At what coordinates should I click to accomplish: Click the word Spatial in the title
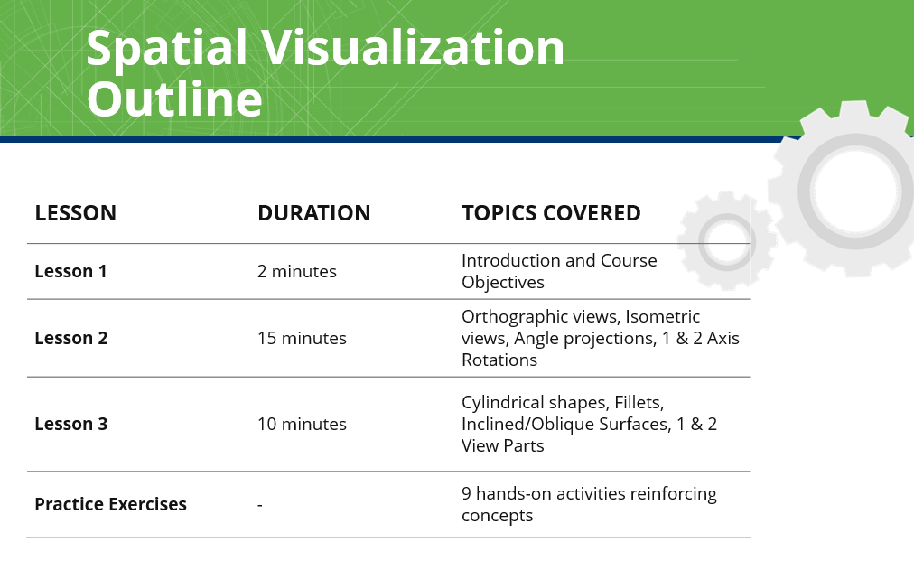pyautogui.click(x=167, y=49)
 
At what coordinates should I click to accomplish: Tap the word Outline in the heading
pyautogui.click(x=175, y=99)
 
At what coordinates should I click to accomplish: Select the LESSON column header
pyautogui.click(x=76, y=213)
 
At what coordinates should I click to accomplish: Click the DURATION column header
pyautogui.click(x=314, y=213)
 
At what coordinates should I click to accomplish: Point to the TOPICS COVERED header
pyautogui.click(x=552, y=213)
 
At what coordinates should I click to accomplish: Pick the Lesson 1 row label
pyautogui.click(x=70, y=272)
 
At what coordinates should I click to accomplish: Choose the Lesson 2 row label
pyautogui.click(x=71, y=339)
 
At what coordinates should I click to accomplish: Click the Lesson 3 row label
pyautogui.click(x=71, y=425)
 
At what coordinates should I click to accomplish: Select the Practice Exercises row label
pyautogui.click(x=111, y=504)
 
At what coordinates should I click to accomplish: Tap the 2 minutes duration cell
pyautogui.click(x=297, y=272)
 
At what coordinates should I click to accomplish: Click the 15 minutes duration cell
pyautogui.click(x=302, y=339)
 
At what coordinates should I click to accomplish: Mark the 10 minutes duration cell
pyautogui.click(x=302, y=425)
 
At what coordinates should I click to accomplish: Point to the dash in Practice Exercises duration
pyautogui.click(x=260, y=505)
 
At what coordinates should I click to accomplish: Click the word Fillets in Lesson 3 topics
pyautogui.click(x=639, y=403)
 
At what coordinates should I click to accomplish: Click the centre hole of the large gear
pyautogui.click(x=854, y=191)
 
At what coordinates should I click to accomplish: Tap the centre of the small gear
pyautogui.click(x=727, y=241)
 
